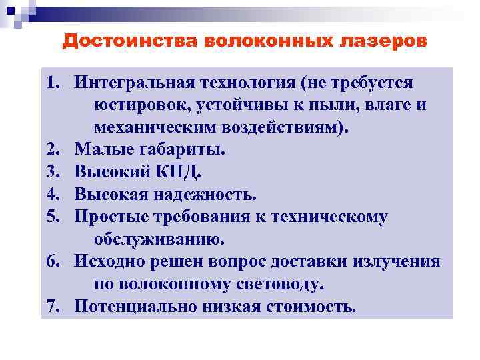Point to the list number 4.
[x=53, y=195]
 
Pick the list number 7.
[x=53, y=306]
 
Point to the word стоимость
[x=316, y=306]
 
